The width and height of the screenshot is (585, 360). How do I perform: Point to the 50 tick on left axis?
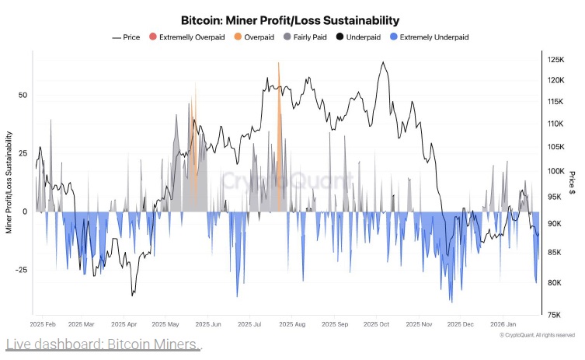coord(23,95)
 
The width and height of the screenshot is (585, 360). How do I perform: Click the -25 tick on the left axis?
coord(21,270)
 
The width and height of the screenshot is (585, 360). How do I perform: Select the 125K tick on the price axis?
coord(555,60)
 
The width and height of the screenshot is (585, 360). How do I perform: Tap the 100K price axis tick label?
coord(555,172)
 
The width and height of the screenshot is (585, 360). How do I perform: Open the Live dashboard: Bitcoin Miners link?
coord(103,344)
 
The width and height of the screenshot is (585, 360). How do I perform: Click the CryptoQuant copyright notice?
coord(537,335)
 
